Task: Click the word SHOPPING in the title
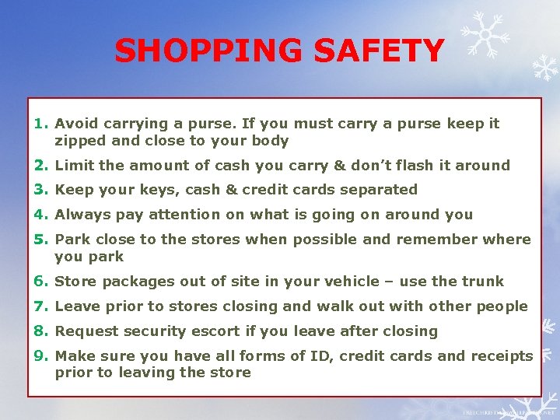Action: point(209,51)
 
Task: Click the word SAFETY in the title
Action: point(379,51)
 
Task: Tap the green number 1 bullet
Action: point(41,123)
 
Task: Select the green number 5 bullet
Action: point(41,240)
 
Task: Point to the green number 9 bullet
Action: point(41,356)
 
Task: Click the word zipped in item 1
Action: point(79,142)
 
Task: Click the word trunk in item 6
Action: point(484,282)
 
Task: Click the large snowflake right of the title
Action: point(482,35)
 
